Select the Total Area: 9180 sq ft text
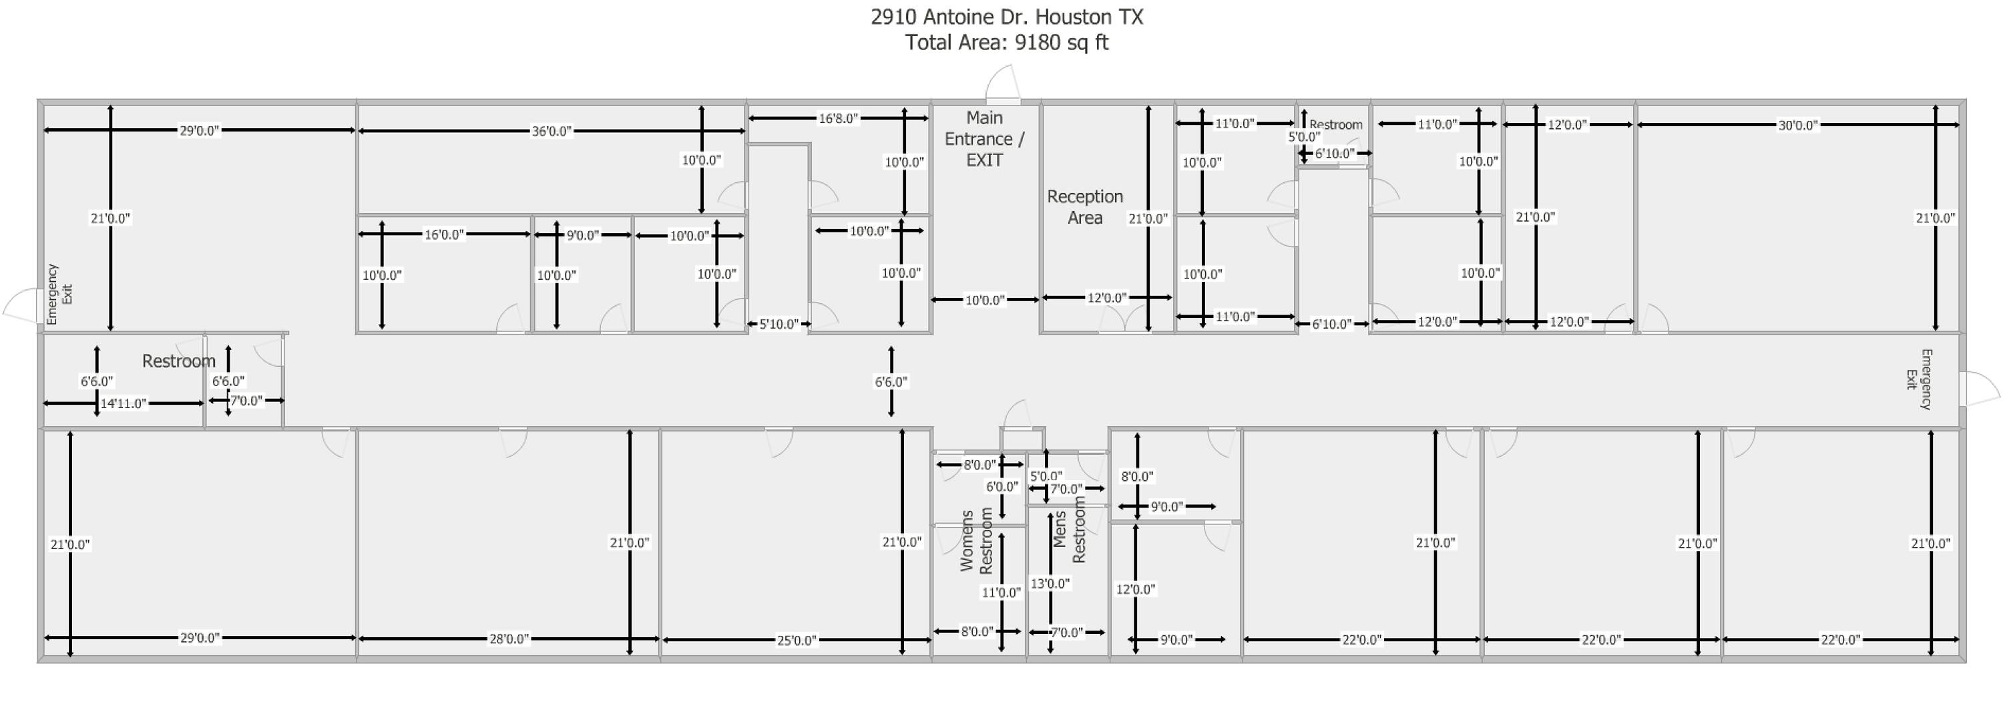click(1006, 43)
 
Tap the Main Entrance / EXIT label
click(983, 139)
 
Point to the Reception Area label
click(1085, 207)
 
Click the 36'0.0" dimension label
click(551, 132)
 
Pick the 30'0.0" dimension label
click(1798, 125)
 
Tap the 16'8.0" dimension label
click(838, 119)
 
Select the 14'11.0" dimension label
click(124, 403)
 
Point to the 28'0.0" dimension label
click(509, 639)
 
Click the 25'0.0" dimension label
click(797, 641)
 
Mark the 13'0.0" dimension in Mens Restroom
click(1050, 584)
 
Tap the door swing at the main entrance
click(1002, 84)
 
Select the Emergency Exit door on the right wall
click(1979, 389)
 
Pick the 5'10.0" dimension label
click(778, 324)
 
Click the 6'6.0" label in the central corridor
click(891, 382)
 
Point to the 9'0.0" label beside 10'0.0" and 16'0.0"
click(582, 236)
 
